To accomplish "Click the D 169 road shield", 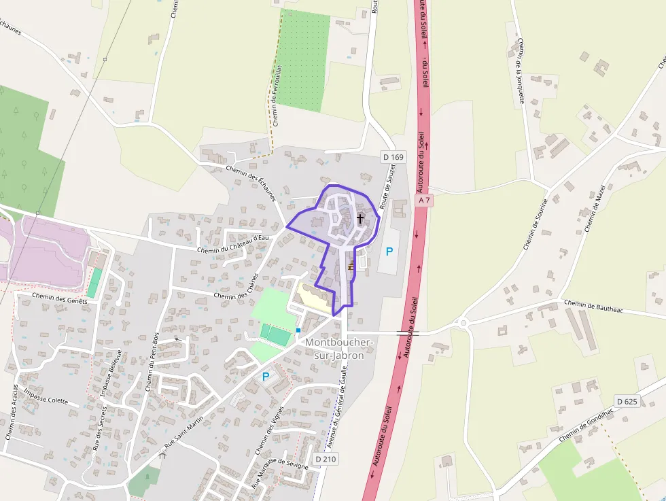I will pos(393,157).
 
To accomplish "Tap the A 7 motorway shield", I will pos(425,201).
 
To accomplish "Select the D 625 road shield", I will pos(627,401).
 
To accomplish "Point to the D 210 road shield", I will pos(325,460).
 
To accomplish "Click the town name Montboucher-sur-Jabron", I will pos(334,349).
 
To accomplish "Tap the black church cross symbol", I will pos(360,219).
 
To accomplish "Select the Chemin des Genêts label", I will pos(60,299).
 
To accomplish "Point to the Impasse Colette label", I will pos(46,396).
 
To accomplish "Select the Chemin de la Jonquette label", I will pos(521,70).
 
